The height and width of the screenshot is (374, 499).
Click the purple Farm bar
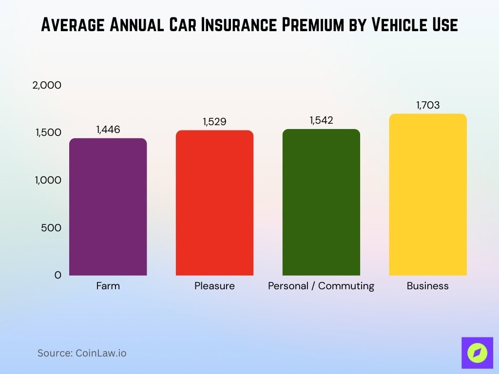108,207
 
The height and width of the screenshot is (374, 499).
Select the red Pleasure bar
214,203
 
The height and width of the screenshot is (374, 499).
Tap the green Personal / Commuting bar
321,203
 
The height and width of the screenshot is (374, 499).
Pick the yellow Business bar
427,195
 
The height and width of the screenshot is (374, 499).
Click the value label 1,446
108,130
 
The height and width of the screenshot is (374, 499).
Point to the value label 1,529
214,122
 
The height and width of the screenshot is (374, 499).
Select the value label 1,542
321,120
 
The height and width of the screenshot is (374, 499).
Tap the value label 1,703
427,105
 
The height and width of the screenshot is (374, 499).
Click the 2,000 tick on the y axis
47,85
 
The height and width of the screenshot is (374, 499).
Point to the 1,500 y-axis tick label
48,133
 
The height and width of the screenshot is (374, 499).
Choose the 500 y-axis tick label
51,228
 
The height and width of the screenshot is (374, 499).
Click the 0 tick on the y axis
58,275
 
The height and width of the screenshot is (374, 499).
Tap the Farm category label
108,286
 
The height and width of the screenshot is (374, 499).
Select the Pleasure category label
214,286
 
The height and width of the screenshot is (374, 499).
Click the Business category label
427,286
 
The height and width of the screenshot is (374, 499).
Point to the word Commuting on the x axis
346,286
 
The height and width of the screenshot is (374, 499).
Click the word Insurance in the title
229,25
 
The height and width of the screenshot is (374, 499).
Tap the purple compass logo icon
477,353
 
